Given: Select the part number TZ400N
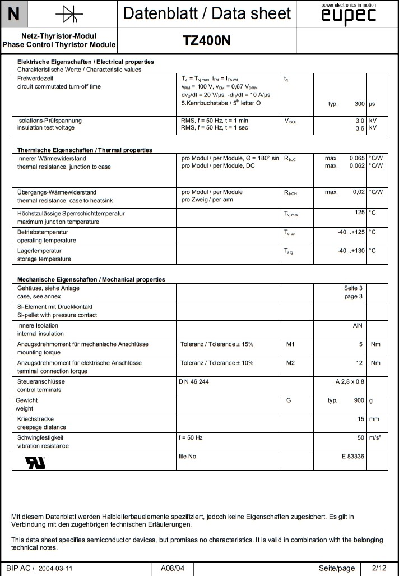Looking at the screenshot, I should (207, 40).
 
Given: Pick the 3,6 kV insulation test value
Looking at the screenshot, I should (360, 128).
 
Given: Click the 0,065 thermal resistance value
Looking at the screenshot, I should (356, 159).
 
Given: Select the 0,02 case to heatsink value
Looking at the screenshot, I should (359, 192).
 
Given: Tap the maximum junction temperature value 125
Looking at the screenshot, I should (359, 213).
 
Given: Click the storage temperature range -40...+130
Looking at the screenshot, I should (351, 251).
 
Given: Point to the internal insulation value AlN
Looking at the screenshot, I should (358, 325).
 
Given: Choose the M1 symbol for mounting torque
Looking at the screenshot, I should (290, 344).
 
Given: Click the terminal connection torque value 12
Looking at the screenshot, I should (359, 363).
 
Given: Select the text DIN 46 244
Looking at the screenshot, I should (193, 381).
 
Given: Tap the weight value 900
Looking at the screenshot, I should (359, 400).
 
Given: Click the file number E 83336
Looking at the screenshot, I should (352, 457).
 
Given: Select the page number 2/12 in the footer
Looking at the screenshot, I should (379, 568).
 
